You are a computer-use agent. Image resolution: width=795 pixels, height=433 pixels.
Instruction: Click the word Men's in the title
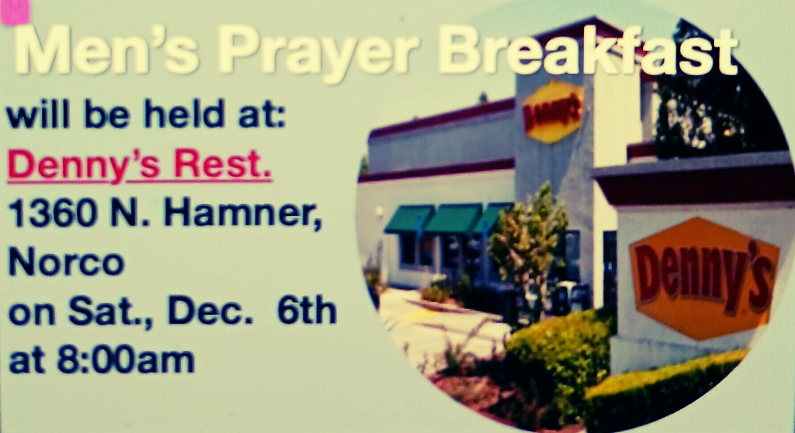(107, 50)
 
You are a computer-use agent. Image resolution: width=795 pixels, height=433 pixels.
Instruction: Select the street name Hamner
(243, 214)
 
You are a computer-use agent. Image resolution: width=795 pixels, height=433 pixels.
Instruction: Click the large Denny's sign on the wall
(704, 278)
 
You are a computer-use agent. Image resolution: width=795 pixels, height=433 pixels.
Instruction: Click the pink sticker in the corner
(15, 12)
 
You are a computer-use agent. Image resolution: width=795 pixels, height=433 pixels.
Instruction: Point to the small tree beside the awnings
(528, 241)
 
